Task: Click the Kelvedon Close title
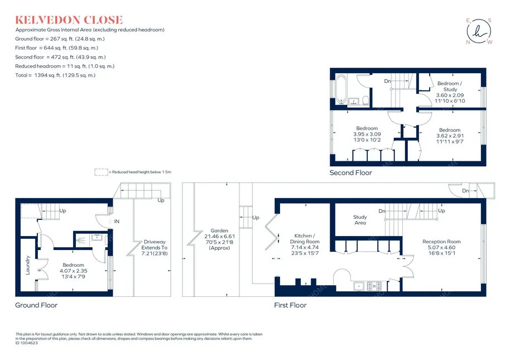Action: click(x=69, y=20)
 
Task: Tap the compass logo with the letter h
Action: click(x=479, y=31)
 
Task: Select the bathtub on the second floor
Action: click(x=341, y=89)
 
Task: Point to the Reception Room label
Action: click(x=441, y=242)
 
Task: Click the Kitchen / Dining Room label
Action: click(x=305, y=239)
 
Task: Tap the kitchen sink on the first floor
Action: click(x=359, y=286)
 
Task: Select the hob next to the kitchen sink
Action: click(x=374, y=286)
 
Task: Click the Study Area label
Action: click(x=360, y=220)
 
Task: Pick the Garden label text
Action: click(x=219, y=231)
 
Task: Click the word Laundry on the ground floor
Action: click(x=28, y=265)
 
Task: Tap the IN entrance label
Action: click(x=117, y=222)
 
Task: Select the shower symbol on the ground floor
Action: click(x=81, y=241)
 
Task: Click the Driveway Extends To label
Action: click(x=155, y=244)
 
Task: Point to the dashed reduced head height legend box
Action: click(x=101, y=172)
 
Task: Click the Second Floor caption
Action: click(x=350, y=172)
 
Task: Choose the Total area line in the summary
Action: click(x=55, y=75)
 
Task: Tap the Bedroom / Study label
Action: click(x=450, y=86)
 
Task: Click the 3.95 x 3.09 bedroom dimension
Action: click(x=367, y=134)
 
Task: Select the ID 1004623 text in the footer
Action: click(x=27, y=343)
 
